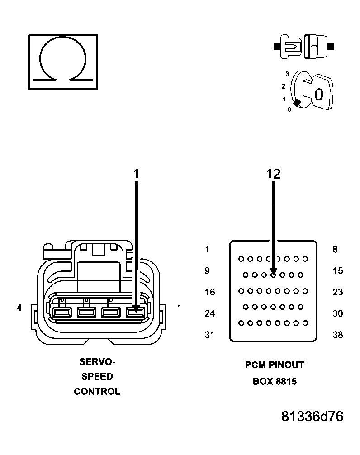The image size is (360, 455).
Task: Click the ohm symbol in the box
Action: point(62,62)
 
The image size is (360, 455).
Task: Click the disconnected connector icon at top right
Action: point(303,47)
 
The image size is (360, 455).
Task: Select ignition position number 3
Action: point(287,74)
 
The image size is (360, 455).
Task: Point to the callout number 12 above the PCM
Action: point(273,174)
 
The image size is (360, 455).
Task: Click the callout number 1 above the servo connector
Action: point(137,174)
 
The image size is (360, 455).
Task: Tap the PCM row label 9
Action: point(207,271)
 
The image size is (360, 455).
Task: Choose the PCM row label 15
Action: point(337,271)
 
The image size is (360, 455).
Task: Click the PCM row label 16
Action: point(209,292)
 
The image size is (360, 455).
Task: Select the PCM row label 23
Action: point(337,292)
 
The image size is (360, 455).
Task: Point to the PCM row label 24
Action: point(209,313)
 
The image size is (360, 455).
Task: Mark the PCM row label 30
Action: point(337,313)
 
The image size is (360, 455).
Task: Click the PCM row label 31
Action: point(209,335)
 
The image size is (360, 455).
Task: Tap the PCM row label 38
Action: point(337,335)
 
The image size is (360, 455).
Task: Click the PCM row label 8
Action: point(335,249)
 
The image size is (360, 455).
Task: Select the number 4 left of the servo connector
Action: point(19,308)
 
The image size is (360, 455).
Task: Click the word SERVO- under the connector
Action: point(97,362)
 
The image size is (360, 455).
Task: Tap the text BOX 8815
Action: point(275,381)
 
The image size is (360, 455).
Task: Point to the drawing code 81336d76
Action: point(312,417)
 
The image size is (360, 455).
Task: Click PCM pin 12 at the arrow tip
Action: point(273,275)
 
